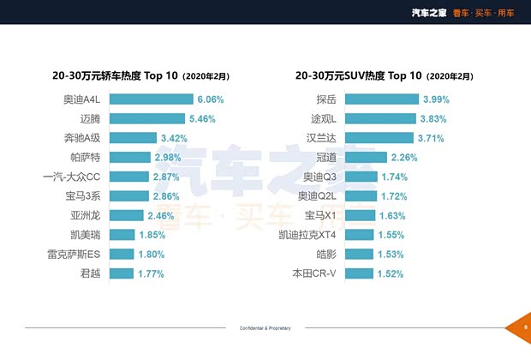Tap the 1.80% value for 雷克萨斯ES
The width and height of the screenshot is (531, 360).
point(150,254)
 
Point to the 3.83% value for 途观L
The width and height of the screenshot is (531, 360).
point(434,118)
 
